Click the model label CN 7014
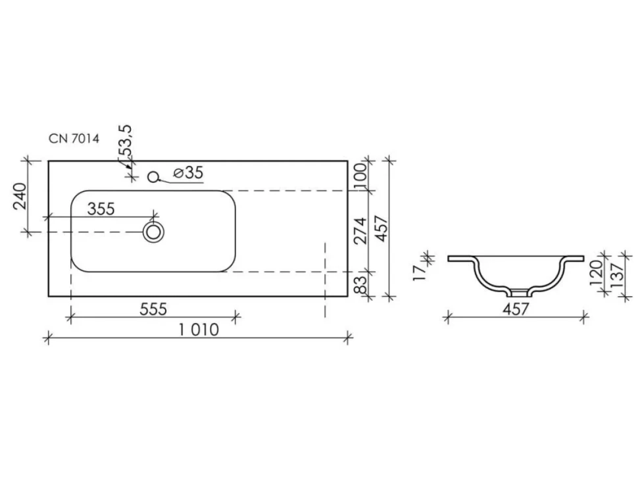(74, 139)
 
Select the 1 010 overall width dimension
(199, 330)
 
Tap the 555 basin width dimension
(153, 309)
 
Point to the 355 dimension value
(101, 209)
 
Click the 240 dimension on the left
(20, 196)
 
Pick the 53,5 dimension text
(126, 141)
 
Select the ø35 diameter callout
(188, 173)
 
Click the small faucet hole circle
(153, 177)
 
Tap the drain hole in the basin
(153, 232)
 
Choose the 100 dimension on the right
(361, 176)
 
